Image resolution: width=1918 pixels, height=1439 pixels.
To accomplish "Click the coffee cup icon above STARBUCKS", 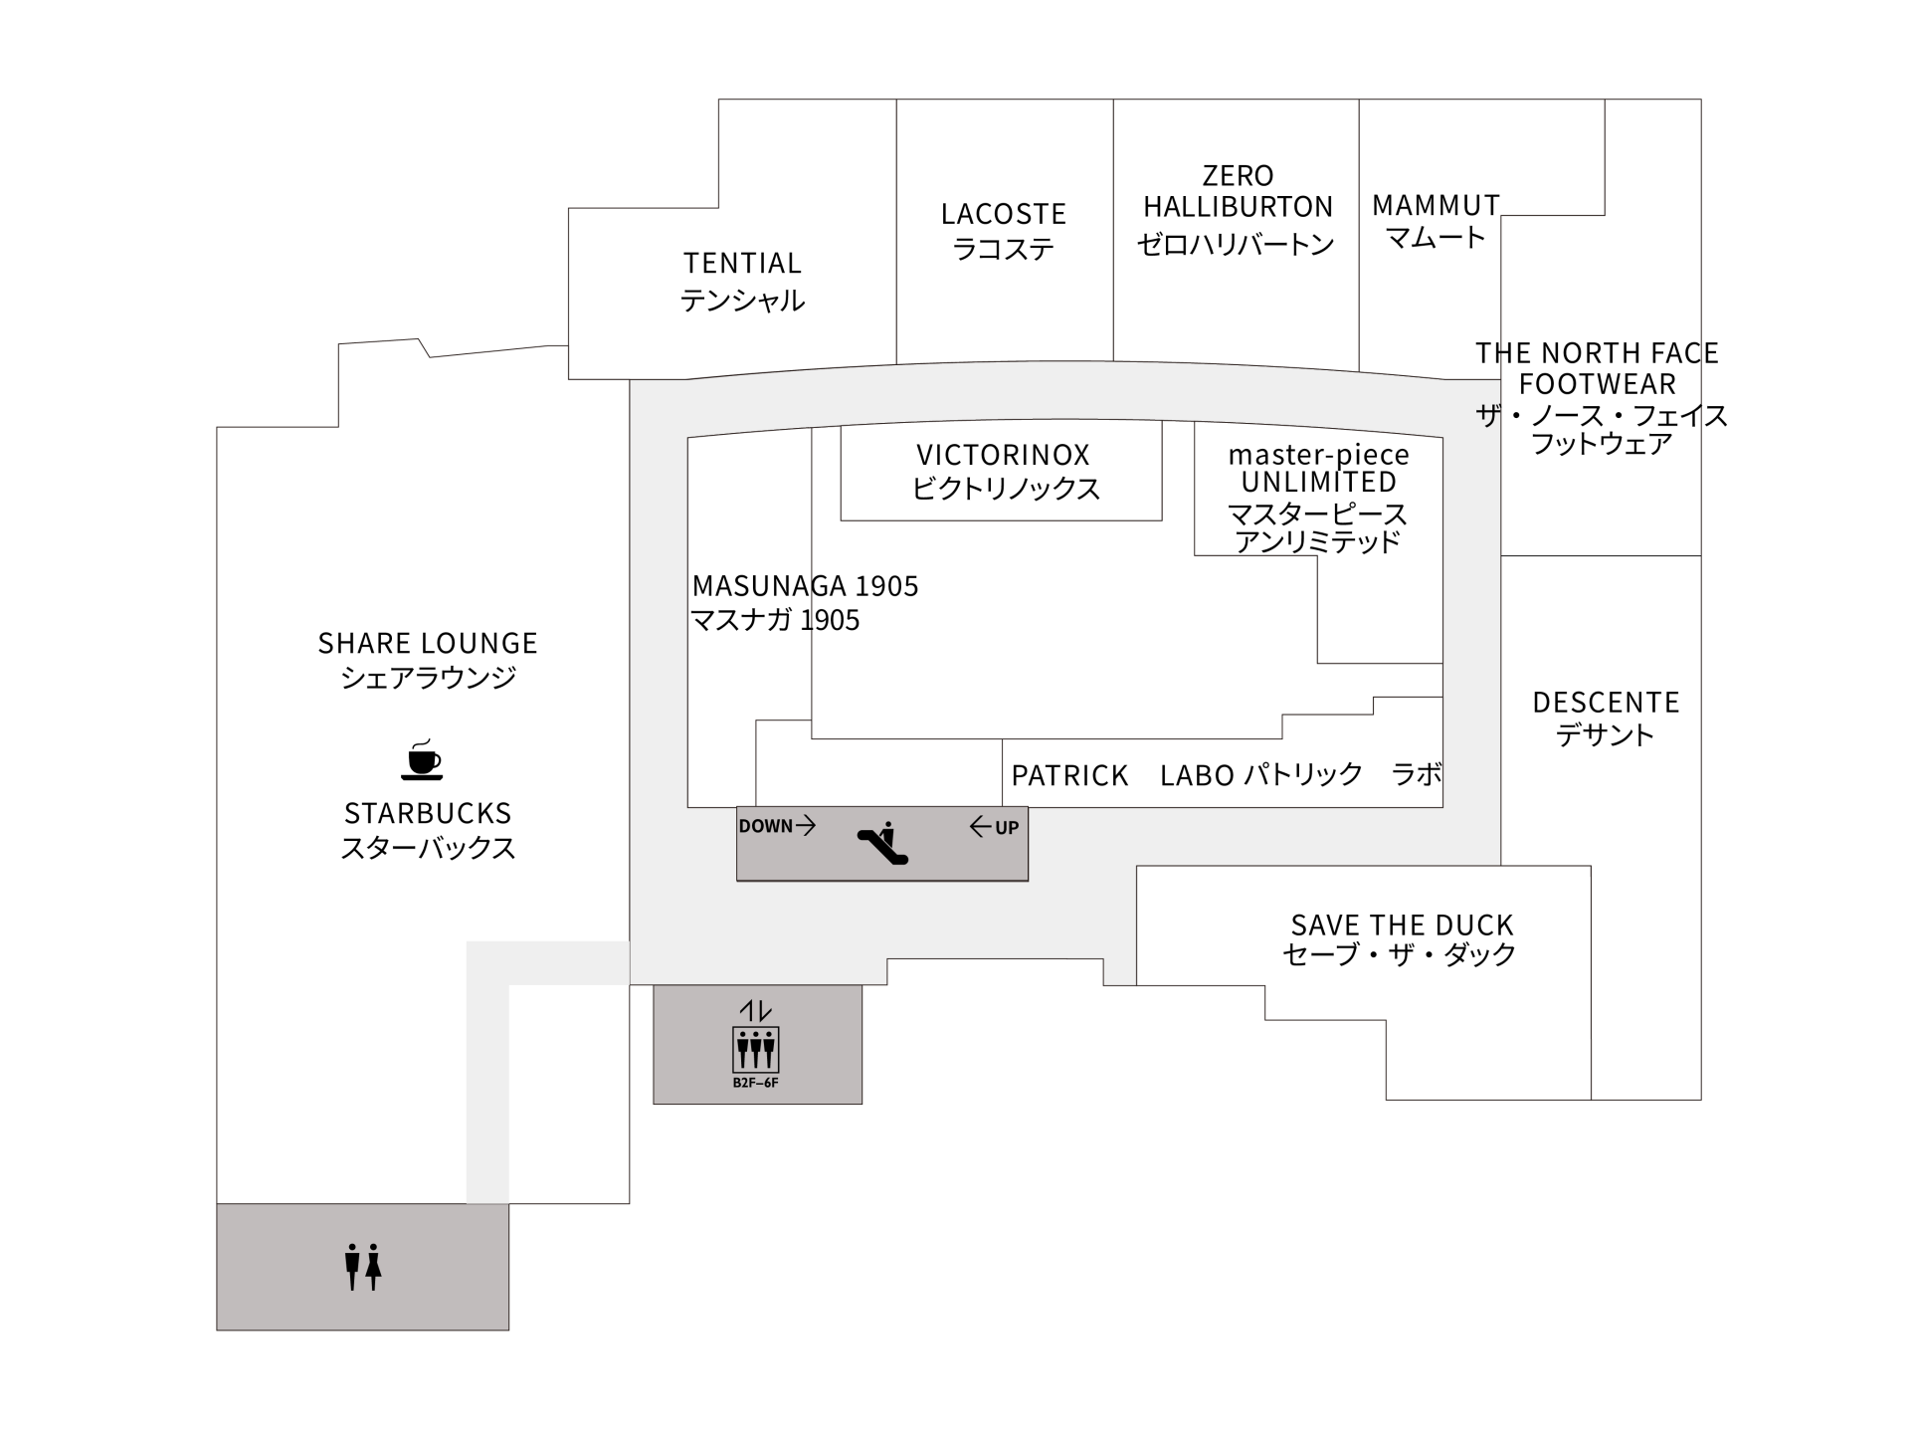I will click(422, 759).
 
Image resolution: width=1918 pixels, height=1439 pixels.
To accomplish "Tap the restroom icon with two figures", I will click(362, 1266).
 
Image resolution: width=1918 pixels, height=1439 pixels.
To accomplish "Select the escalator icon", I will click(881, 844).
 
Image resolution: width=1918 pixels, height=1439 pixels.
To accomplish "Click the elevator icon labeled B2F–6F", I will click(755, 1049).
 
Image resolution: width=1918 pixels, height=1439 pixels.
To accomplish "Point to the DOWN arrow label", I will click(776, 826).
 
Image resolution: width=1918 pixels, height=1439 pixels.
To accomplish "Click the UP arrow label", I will click(994, 827).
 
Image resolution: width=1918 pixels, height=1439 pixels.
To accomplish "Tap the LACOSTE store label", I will click(1003, 215).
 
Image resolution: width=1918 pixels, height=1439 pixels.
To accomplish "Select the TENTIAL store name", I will click(742, 264).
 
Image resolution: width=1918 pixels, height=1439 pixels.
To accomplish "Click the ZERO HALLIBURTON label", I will click(1238, 191).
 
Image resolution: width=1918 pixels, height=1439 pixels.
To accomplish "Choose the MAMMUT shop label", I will click(1436, 206).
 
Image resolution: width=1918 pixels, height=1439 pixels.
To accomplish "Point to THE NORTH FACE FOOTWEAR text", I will click(1598, 368).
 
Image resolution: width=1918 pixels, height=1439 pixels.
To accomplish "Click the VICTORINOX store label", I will click(1003, 456).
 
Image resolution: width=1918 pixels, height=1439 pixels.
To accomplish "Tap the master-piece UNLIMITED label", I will click(1318, 469).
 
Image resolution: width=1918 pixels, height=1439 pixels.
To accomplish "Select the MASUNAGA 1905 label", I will click(805, 586).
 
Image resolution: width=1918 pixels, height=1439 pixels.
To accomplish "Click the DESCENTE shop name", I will click(1606, 704).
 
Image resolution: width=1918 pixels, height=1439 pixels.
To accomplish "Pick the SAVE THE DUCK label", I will click(1402, 925).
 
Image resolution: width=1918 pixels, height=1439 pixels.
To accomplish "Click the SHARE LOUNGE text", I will click(428, 644).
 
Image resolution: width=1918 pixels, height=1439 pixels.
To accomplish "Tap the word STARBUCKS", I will click(428, 814).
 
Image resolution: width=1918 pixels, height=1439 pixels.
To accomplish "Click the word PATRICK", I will click(1069, 776).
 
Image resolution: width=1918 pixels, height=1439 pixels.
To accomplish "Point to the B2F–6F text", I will click(755, 1083).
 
